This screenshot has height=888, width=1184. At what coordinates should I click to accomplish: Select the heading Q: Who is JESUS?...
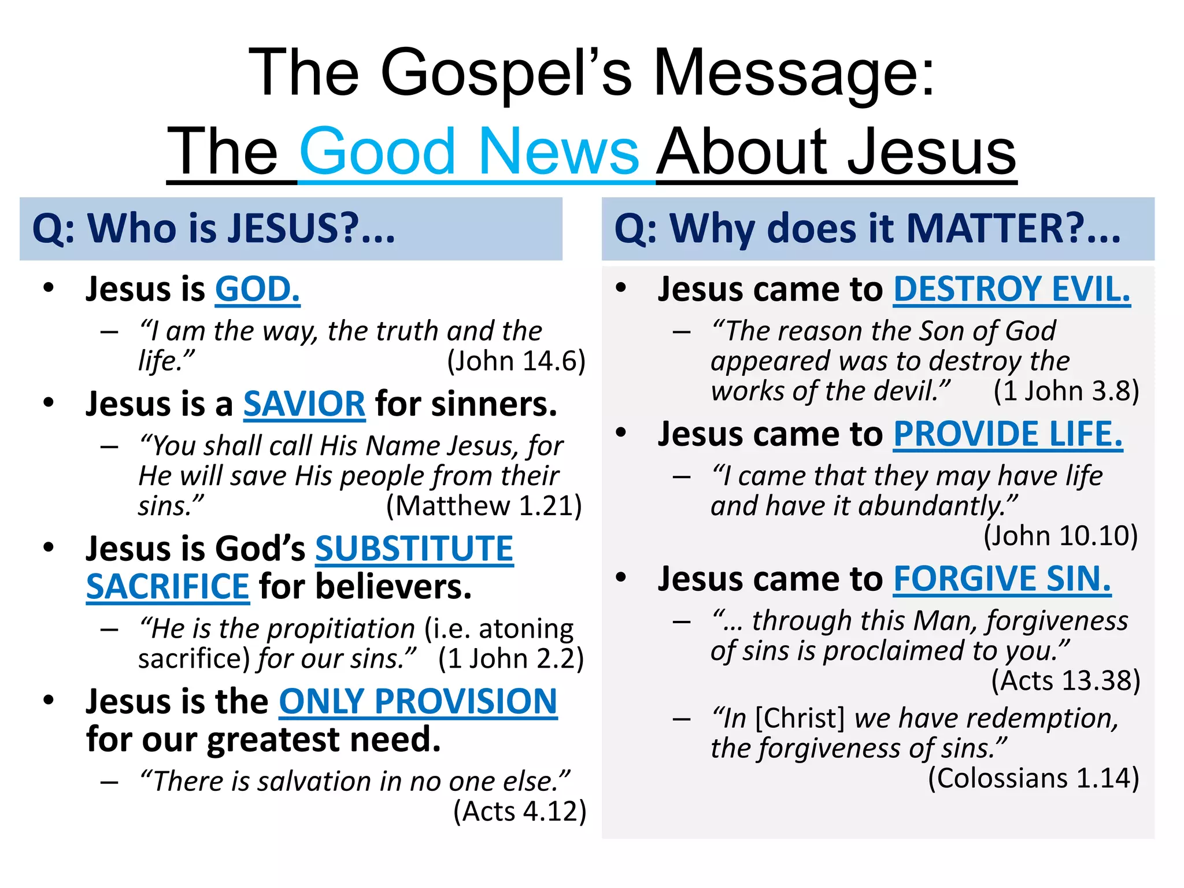tap(214, 228)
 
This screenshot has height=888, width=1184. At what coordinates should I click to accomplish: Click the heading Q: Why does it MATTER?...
tap(867, 228)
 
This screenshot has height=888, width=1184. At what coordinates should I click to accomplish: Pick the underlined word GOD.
tap(257, 289)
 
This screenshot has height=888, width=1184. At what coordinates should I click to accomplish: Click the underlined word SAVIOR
tap(304, 404)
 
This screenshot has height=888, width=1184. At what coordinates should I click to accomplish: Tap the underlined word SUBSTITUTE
tap(414, 549)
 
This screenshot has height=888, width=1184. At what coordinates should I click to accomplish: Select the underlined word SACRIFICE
tap(168, 587)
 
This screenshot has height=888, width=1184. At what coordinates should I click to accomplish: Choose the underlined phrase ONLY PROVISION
tap(418, 701)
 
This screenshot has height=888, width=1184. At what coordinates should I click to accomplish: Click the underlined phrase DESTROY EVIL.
tap(1012, 289)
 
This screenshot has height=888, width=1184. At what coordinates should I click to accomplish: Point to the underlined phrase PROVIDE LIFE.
tap(1008, 434)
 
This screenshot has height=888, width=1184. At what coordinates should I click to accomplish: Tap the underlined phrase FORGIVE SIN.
tap(1002, 579)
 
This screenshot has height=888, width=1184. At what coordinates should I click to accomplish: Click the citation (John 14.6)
tap(516, 361)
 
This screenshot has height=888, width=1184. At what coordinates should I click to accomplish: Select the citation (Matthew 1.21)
tap(484, 506)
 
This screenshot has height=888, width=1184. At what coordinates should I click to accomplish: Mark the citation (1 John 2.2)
tap(511, 658)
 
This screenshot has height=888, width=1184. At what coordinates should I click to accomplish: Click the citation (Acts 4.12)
tap(520, 811)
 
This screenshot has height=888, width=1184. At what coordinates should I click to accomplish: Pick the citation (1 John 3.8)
tap(1066, 391)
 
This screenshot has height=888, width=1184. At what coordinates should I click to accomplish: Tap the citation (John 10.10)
tap(1060, 536)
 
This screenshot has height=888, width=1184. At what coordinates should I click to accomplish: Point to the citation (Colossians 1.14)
tap(1033, 778)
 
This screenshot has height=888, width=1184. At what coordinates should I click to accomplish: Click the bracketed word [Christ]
tap(800, 719)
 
